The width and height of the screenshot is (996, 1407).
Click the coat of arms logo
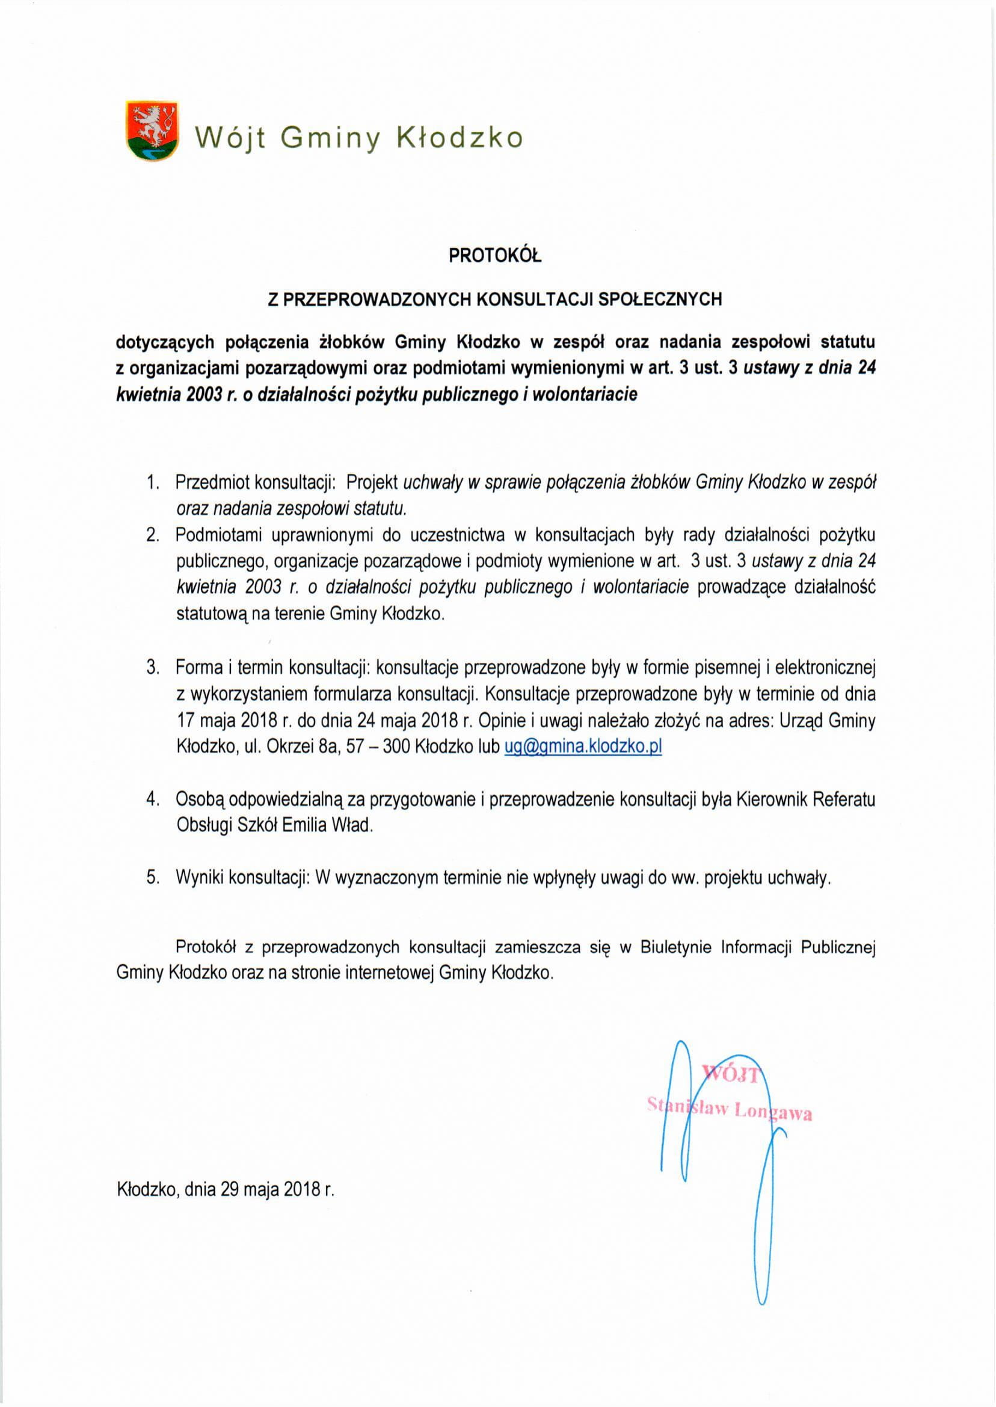[x=152, y=131]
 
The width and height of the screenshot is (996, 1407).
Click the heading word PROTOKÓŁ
[x=495, y=255]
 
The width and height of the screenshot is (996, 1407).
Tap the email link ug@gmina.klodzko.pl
[x=583, y=747]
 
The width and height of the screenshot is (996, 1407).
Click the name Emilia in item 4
[x=305, y=825]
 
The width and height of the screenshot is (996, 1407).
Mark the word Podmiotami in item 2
[x=218, y=535]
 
